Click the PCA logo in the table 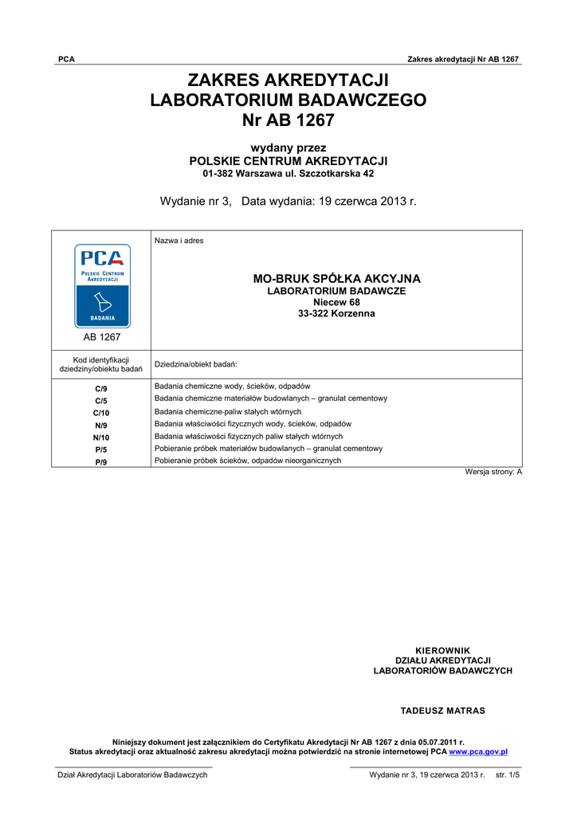tap(102, 286)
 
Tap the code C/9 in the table tap(101, 388)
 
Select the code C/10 tap(101, 413)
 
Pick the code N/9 tap(101, 426)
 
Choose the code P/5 tap(101, 449)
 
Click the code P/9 tap(101, 462)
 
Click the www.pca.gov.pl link tap(478, 751)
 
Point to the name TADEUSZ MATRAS tap(442, 710)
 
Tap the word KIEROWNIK tap(443, 650)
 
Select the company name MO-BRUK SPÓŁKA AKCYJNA tap(336, 279)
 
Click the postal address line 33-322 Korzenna tap(336, 314)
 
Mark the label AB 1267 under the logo tap(102, 337)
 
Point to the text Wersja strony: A tap(493, 473)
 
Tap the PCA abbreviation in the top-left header tap(67, 60)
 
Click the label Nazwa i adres tap(179, 241)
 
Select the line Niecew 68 tap(336, 303)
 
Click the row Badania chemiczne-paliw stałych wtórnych tap(228, 412)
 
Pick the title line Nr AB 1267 tap(288, 121)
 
